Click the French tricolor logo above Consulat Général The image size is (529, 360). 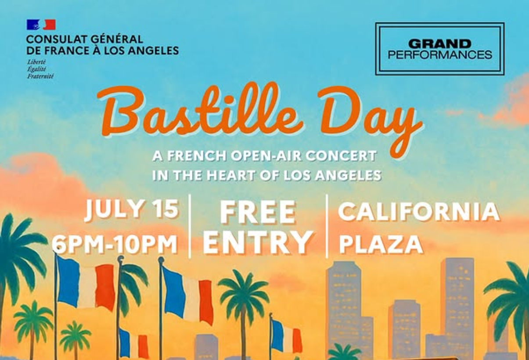pos(41,25)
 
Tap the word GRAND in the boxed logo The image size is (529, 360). pos(439,44)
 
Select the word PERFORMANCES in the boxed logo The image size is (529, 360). pos(440,54)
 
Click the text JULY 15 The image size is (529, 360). pos(132,209)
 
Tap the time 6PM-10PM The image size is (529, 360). pos(115,244)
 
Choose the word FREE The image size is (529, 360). pos(258,212)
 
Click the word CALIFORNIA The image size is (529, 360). pos(419,212)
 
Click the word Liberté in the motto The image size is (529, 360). pos(36,62)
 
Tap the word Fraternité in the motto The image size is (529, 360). pos(40,76)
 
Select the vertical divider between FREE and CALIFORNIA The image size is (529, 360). pos(327,226)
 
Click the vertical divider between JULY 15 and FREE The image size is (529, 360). pos(190,226)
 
